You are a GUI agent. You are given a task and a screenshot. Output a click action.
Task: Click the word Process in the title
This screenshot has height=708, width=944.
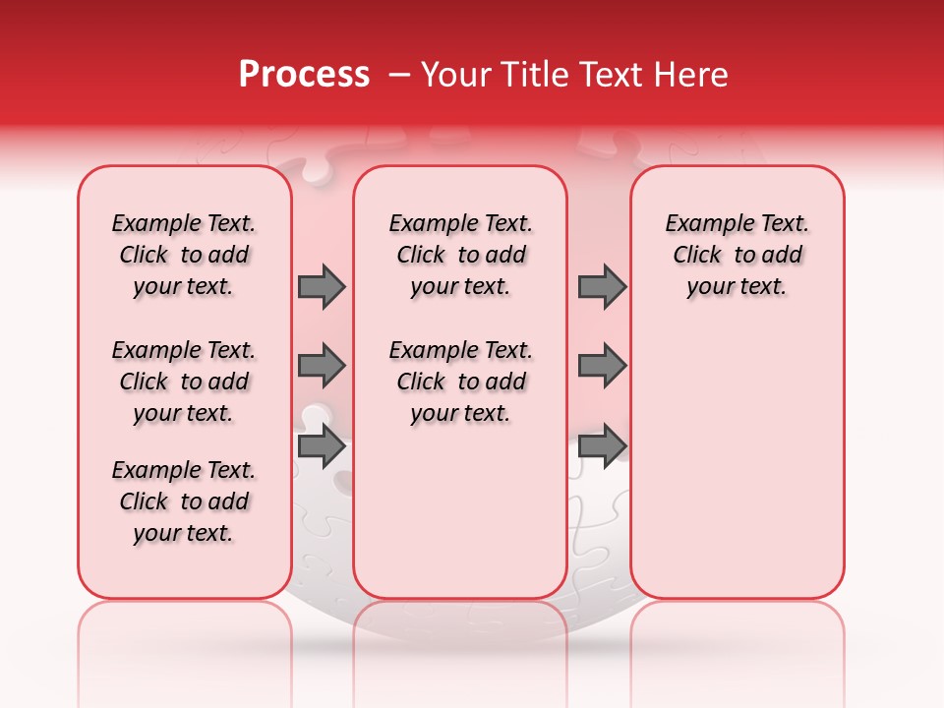pos(304,75)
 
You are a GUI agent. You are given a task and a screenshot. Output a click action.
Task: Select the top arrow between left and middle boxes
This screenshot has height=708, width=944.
pos(322,286)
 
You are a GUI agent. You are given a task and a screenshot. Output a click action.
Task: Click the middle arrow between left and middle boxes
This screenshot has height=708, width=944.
pos(322,366)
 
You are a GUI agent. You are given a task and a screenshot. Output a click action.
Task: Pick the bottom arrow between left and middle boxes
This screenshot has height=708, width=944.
pos(322,446)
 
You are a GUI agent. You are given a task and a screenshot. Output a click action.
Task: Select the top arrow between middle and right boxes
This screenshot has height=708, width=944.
pos(602,286)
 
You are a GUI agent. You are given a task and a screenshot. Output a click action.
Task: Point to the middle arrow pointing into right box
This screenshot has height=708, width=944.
pos(602,366)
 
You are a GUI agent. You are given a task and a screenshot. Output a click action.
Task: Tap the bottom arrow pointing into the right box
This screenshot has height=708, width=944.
pos(602,446)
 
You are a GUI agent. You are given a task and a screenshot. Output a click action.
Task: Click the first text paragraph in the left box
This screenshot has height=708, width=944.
pos(184,255)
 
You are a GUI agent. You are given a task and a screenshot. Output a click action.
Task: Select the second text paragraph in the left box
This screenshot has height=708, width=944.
pos(184,382)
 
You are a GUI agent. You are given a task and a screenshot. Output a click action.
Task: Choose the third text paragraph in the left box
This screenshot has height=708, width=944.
pos(184,501)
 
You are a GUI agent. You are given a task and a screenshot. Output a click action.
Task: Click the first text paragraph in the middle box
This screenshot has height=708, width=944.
pos(461,255)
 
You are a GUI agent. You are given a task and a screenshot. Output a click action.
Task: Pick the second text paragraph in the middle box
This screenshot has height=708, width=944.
pos(461,382)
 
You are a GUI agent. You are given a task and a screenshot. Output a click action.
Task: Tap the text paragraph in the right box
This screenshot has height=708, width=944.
pos(737,255)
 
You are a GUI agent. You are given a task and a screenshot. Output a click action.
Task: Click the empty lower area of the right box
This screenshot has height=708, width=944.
pos(737,472)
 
